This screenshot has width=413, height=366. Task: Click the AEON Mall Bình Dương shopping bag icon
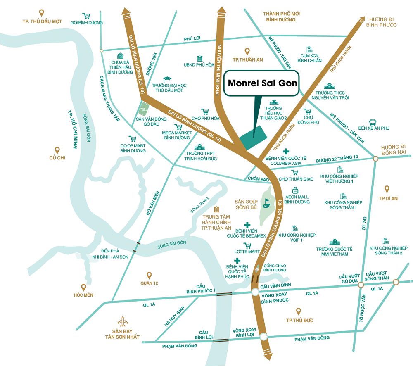click(x=296, y=190)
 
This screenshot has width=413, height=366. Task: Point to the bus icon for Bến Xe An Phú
click(x=373, y=122)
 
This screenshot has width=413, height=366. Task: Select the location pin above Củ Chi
click(x=57, y=150)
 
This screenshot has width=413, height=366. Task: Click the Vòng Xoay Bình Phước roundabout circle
click(x=255, y=293)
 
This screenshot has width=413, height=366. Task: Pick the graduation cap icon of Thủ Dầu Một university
click(x=167, y=79)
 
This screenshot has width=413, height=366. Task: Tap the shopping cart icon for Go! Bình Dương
click(x=86, y=17)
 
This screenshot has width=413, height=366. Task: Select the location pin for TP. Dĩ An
click(x=387, y=189)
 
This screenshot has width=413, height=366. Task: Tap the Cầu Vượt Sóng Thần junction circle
click(x=396, y=282)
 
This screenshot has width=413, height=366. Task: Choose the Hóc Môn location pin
click(x=83, y=287)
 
